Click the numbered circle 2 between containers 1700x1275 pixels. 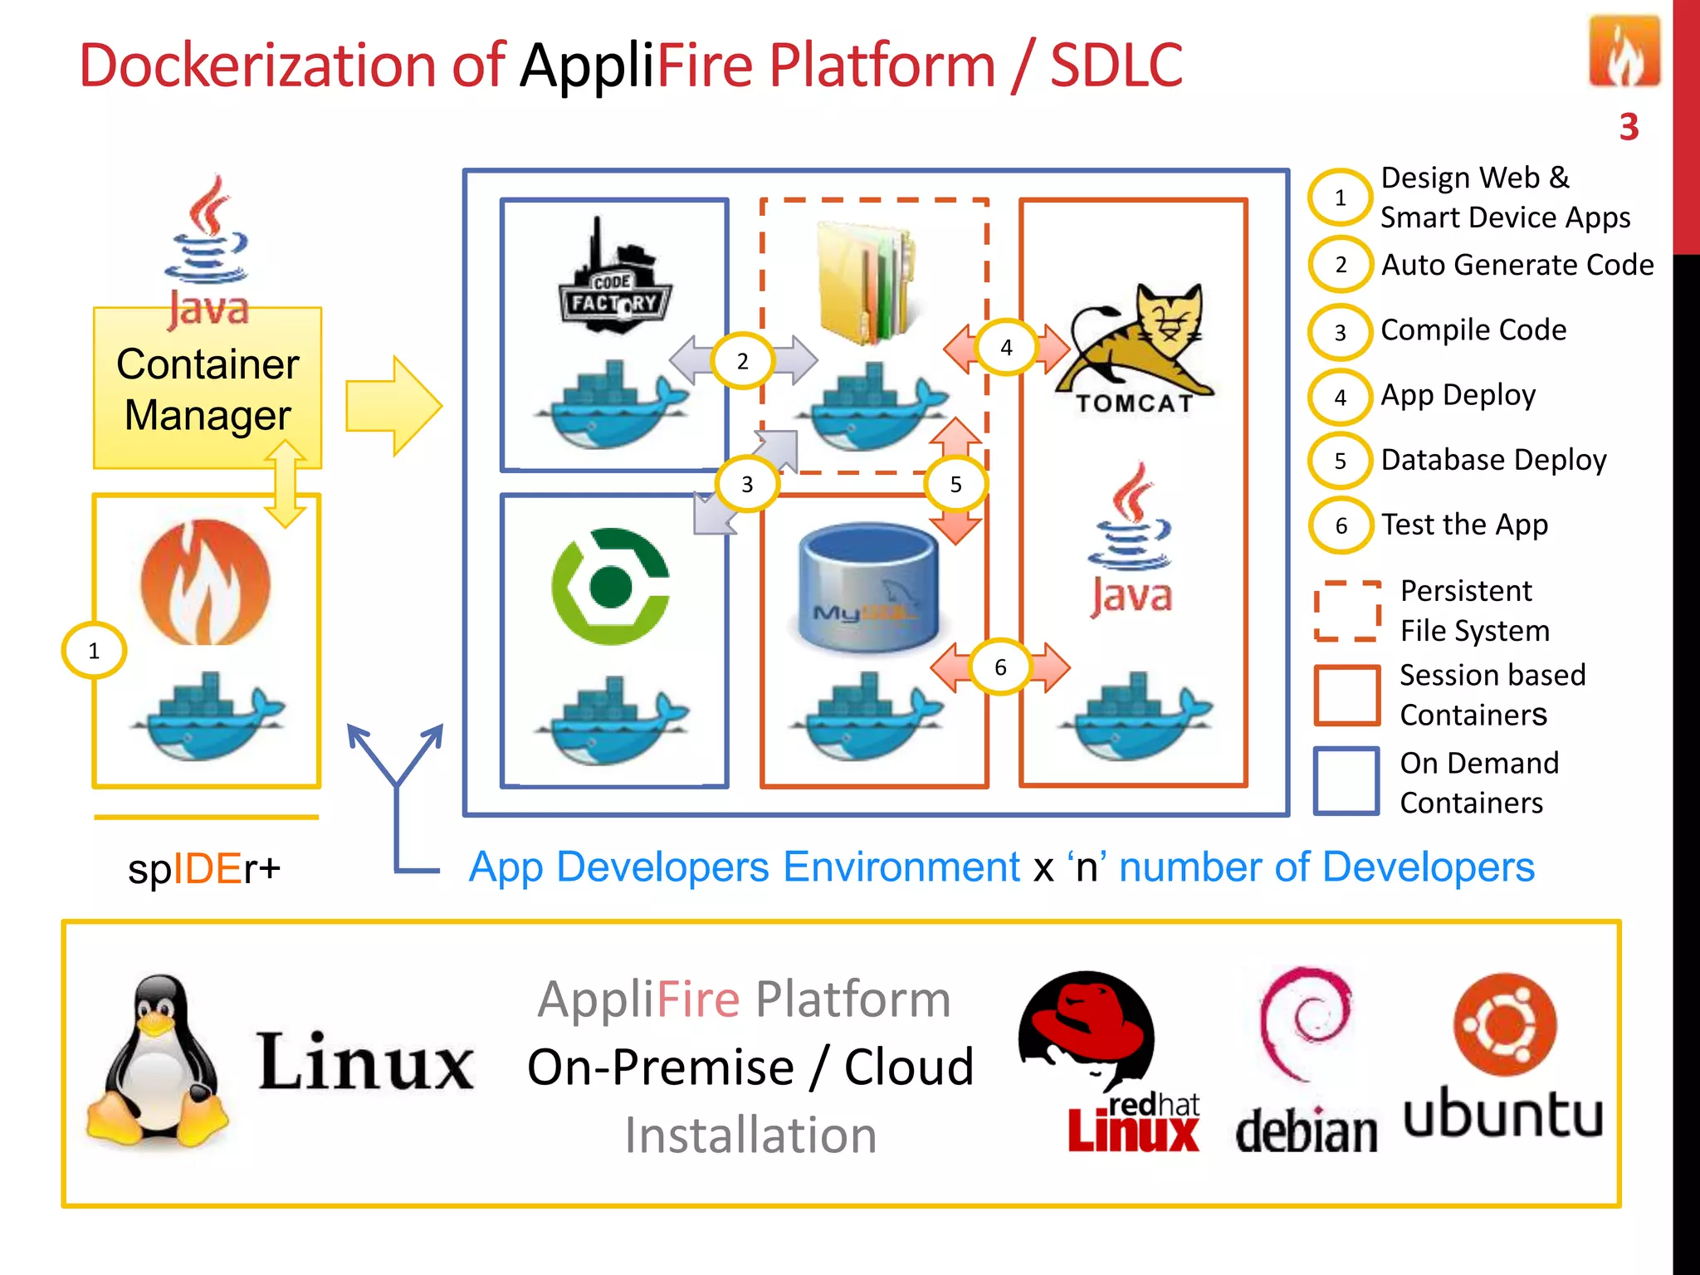click(x=742, y=361)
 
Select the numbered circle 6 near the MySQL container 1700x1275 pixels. click(x=1000, y=667)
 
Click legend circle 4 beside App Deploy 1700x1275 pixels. click(x=1340, y=397)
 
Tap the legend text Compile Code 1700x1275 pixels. click(x=1473, y=330)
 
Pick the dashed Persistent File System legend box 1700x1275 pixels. click(x=1346, y=611)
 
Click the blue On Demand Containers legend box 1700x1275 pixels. click(x=1346, y=780)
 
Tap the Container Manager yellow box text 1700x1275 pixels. click(x=208, y=389)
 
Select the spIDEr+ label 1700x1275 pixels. click(x=204, y=869)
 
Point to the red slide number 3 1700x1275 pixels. click(x=1629, y=127)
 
